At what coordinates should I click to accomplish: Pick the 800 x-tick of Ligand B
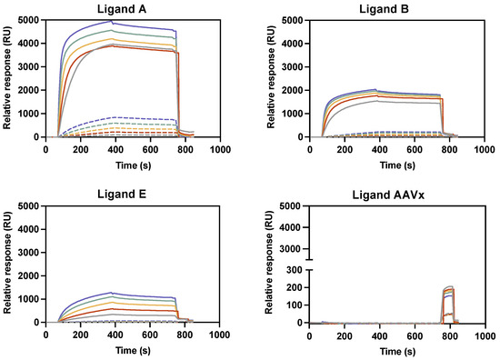pyautogui.click(x=447, y=150)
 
